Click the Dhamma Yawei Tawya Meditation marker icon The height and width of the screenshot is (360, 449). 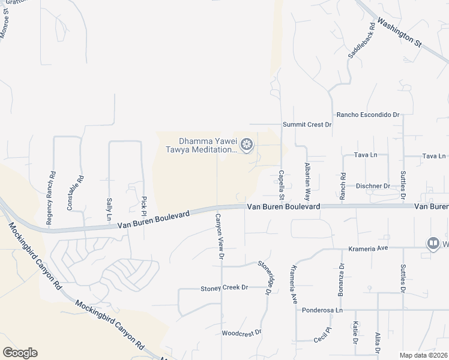tap(246, 145)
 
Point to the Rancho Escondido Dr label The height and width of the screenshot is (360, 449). tap(368, 114)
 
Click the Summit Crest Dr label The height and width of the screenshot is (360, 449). tap(307, 124)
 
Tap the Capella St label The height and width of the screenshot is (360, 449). tap(281, 184)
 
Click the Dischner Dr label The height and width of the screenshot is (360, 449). tap(372, 186)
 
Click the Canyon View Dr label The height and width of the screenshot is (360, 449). tap(219, 237)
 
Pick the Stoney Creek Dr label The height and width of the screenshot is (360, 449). tap(224, 288)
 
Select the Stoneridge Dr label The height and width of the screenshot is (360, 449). tap(265, 273)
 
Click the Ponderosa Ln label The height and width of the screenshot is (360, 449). tap(322, 310)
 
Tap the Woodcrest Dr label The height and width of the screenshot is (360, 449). tap(241, 332)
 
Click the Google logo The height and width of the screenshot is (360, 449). tap(20, 353)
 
